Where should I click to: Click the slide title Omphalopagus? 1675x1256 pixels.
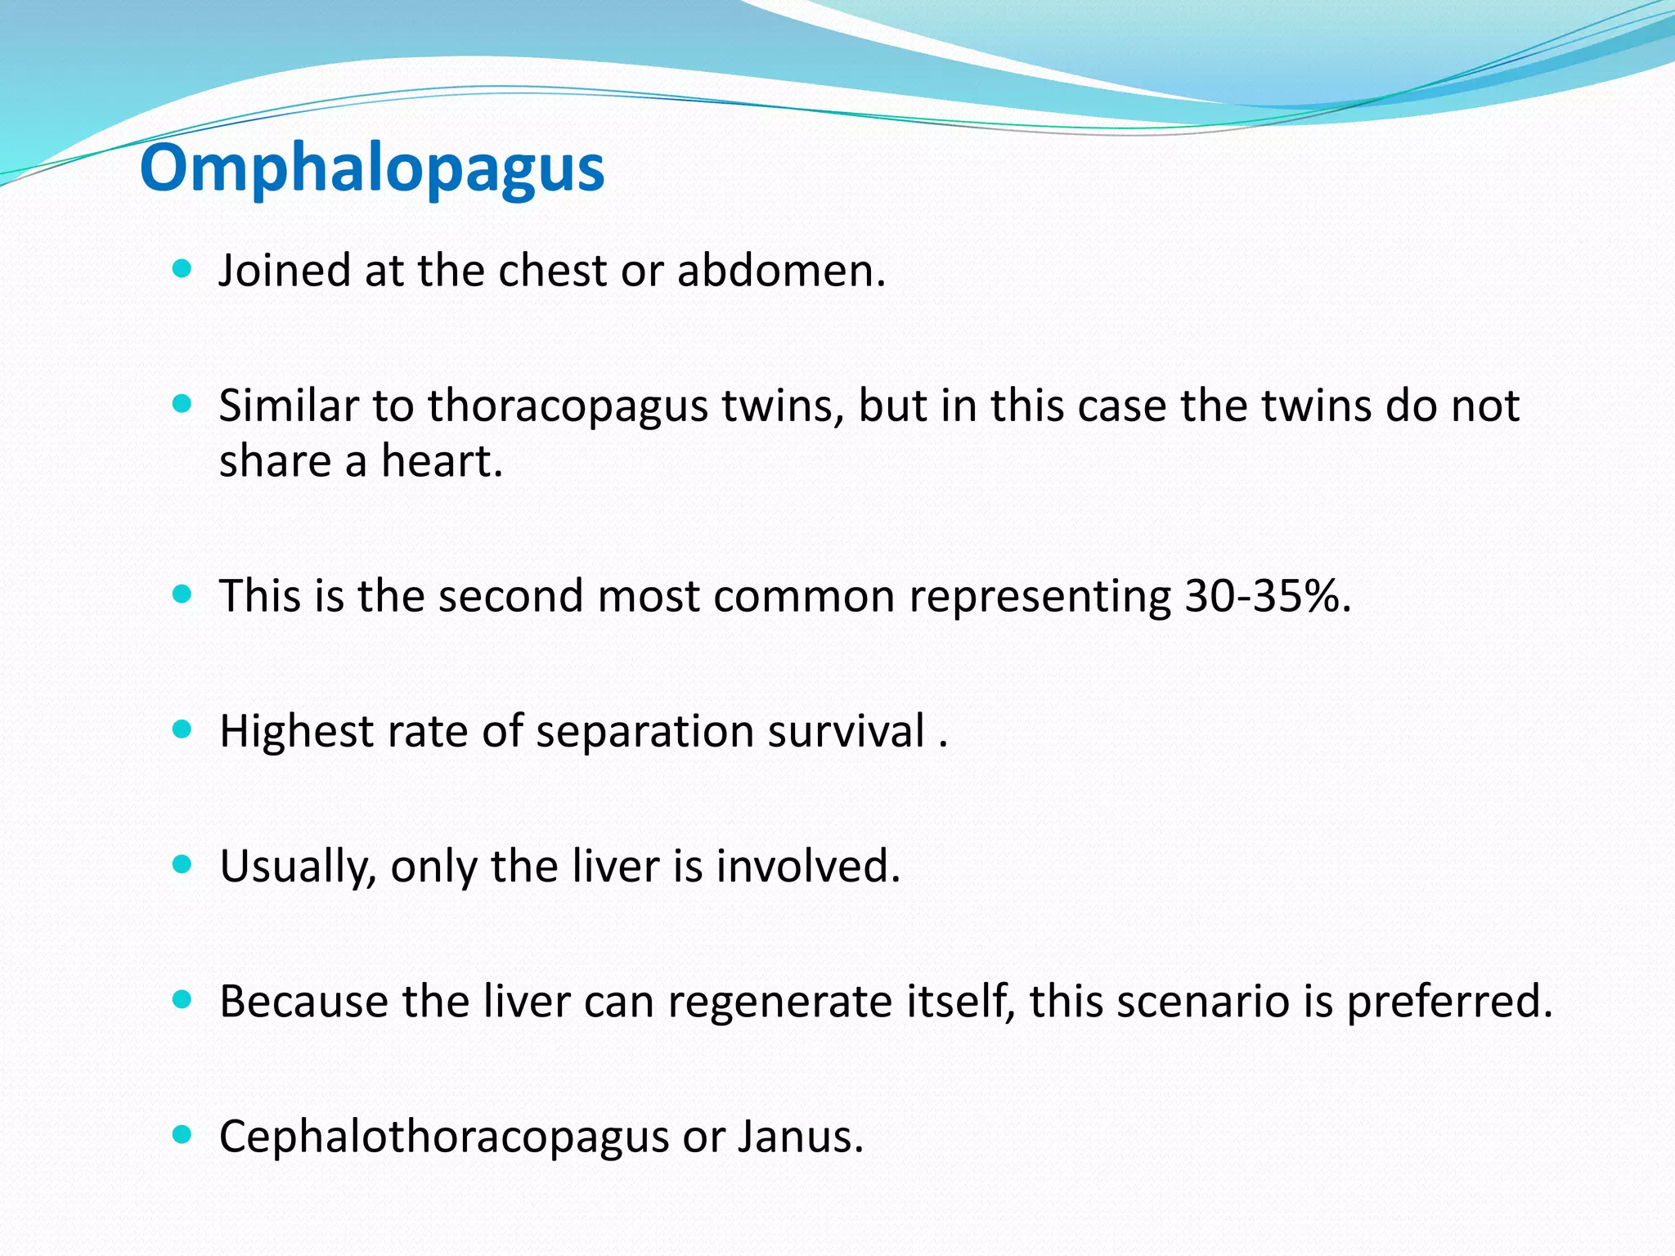[x=372, y=168]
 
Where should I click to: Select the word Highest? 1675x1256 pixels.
[x=296, y=731]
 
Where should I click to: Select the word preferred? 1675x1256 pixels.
[x=1448, y=1001]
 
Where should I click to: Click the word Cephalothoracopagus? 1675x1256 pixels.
[x=444, y=1137]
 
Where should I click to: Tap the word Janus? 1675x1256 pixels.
[x=800, y=1137]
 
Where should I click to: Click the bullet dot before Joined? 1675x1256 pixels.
[x=182, y=269]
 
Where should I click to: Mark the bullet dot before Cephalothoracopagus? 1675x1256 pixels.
[x=182, y=1134]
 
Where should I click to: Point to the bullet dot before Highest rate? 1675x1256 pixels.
[x=182, y=729]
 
